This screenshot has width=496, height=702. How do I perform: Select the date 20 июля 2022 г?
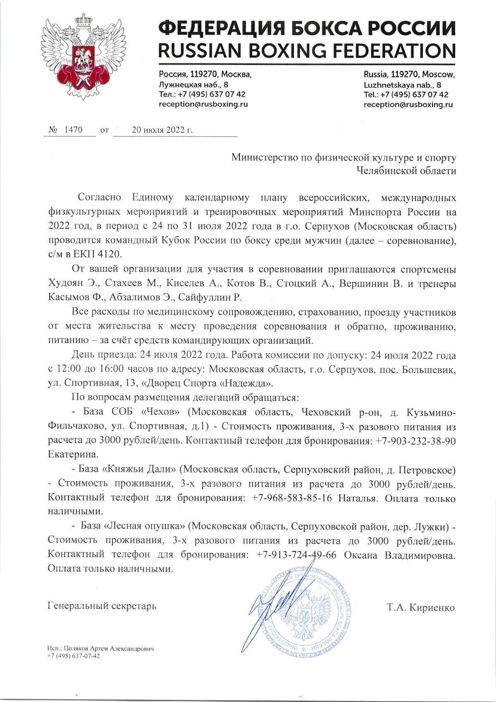[x=162, y=130]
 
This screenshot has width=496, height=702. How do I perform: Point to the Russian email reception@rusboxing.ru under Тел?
[x=203, y=105]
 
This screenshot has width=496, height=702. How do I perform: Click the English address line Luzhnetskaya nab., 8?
[x=402, y=85]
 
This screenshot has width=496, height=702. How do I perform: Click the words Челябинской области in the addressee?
[x=407, y=170]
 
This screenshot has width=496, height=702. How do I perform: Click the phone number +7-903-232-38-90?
[x=416, y=441]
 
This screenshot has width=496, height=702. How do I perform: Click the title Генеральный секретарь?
[x=102, y=607]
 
